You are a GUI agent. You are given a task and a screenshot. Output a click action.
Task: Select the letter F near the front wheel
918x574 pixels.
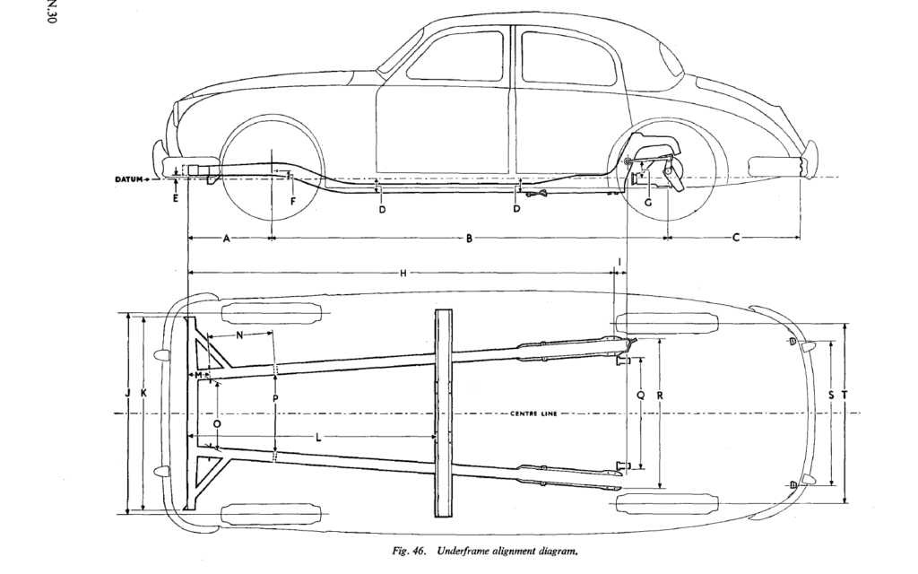point(293,201)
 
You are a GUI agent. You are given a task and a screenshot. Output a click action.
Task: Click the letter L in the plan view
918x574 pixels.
point(319,437)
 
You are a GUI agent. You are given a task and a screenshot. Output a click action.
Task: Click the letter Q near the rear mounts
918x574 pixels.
point(640,394)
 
